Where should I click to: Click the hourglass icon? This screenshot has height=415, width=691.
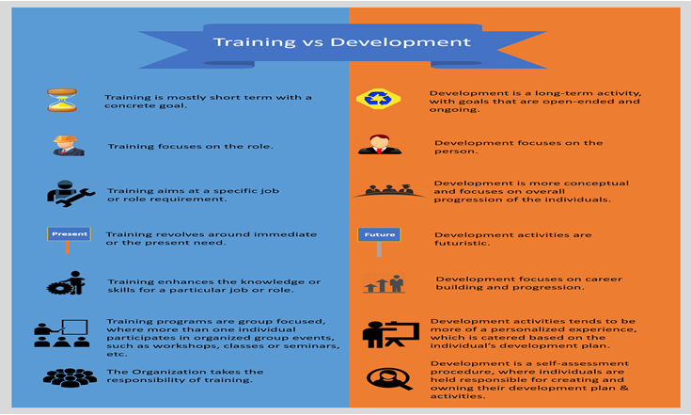tap(62, 100)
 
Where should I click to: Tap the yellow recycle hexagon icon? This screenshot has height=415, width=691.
tap(379, 99)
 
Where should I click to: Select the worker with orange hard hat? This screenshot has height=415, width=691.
tap(68, 146)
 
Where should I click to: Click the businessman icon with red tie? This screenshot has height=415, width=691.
tap(380, 145)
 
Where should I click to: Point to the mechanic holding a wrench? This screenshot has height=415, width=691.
tap(71, 194)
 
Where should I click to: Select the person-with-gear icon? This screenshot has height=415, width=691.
tap(66, 283)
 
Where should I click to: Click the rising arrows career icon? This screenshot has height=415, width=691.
tap(384, 284)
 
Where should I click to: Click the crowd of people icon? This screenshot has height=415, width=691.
tap(70, 378)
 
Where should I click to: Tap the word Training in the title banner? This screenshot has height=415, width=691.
tap(254, 42)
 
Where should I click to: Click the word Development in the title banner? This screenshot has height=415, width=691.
tap(400, 42)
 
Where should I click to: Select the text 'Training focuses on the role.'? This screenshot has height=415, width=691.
tap(190, 147)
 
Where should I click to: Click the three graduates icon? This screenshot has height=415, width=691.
tap(389, 190)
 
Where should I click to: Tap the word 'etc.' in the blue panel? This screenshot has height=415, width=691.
tap(117, 354)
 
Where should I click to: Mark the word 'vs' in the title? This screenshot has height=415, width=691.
tap(313, 42)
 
